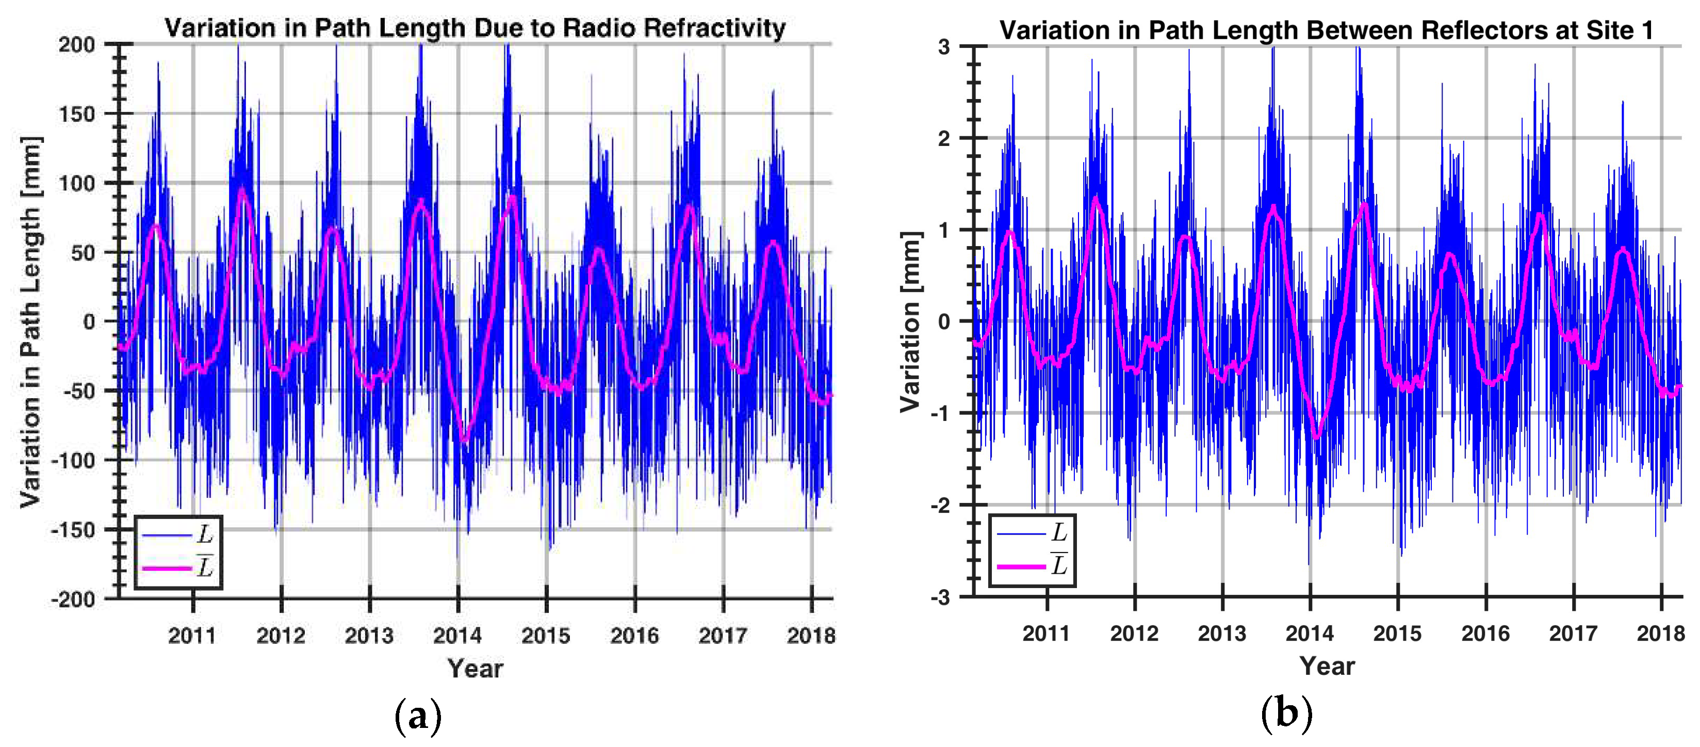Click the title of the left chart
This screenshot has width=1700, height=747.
475,28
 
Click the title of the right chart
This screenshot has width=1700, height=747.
1327,30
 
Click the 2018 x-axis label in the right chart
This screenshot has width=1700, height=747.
1660,633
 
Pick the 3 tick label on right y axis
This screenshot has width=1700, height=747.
944,47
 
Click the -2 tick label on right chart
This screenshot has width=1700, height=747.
940,506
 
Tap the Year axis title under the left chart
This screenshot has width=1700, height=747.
475,668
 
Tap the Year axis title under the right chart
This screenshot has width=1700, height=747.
1327,666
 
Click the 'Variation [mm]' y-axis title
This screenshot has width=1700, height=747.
911,322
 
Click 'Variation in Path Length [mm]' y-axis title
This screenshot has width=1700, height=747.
30,322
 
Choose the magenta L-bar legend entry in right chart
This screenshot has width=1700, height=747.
1032,565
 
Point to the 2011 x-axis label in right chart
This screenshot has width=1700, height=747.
1046,633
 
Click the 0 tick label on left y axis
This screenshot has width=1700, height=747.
89,322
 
